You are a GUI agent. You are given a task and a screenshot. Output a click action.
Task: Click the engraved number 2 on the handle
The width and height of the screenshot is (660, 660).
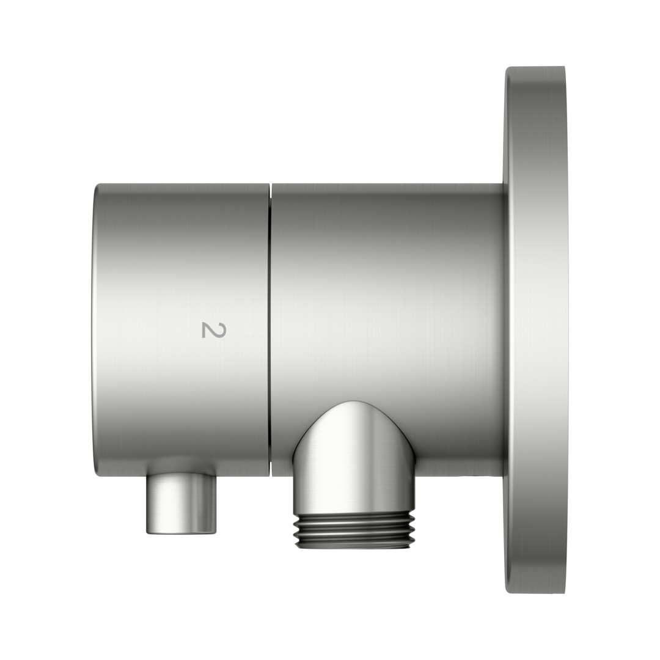coord(214,330)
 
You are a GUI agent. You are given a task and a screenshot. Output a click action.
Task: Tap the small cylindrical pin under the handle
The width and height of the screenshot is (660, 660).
coord(182,504)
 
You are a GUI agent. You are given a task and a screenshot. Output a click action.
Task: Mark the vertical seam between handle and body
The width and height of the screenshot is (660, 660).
coord(270,331)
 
